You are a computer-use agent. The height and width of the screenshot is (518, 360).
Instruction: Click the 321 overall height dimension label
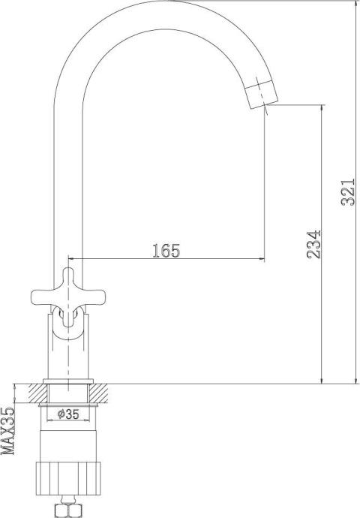348,192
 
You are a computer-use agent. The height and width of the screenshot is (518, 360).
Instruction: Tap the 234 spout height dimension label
313,244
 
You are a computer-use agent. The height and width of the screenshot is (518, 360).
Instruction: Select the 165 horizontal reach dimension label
166,251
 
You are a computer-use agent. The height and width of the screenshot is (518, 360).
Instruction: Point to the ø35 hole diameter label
68,414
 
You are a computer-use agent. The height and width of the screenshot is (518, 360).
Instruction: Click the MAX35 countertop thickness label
8,431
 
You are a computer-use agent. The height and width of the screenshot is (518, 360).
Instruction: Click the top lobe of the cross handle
68,279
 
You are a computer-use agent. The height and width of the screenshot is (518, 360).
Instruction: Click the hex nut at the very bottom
68,510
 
